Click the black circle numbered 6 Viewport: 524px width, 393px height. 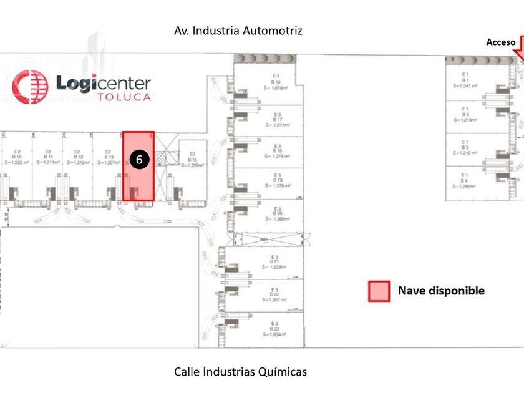point(139,159)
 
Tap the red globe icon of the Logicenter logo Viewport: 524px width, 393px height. point(30,85)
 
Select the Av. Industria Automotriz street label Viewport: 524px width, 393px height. point(239,30)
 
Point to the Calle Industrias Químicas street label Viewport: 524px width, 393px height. point(240,372)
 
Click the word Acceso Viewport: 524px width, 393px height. point(501,42)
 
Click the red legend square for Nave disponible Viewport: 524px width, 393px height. point(379,291)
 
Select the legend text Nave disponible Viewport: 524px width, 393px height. point(441,291)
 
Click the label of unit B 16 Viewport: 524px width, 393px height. point(276,82)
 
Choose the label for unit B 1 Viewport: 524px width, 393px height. point(465,80)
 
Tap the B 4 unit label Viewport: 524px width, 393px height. point(465,182)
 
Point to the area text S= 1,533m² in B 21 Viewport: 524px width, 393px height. point(274,266)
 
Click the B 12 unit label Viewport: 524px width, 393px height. point(78,157)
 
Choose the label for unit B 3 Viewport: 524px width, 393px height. point(465,147)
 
